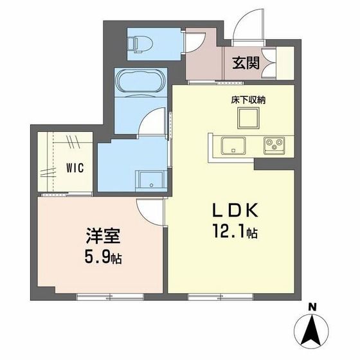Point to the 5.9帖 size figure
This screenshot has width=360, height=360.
102,258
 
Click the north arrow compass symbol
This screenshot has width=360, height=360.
312,330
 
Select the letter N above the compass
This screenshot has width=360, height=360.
312,306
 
